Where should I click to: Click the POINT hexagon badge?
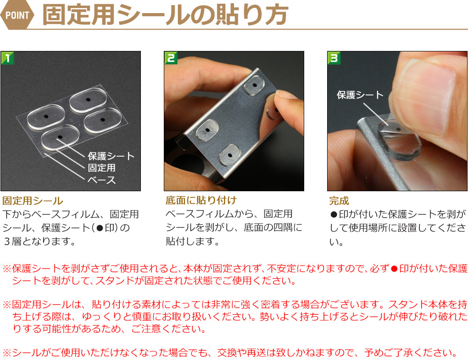click(17, 15)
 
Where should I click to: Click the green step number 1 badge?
click(7, 58)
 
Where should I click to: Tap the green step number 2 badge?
click(171, 58)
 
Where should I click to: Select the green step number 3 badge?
click(334, 58)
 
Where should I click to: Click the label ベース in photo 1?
click(102, 180)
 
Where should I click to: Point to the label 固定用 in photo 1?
click(102, 168)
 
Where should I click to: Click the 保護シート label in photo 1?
click(111, 156)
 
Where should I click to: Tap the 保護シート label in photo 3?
click(360, 95)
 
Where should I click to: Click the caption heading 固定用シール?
click(33, 201)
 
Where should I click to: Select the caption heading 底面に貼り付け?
click(201, 200)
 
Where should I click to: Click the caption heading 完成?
click(339, 201)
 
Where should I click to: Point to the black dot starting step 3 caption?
click(334, 215)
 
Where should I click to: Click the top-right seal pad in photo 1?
click(88, 100)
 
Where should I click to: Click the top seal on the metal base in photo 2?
click(255, 85)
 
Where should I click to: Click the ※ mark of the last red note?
click(7, 353)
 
